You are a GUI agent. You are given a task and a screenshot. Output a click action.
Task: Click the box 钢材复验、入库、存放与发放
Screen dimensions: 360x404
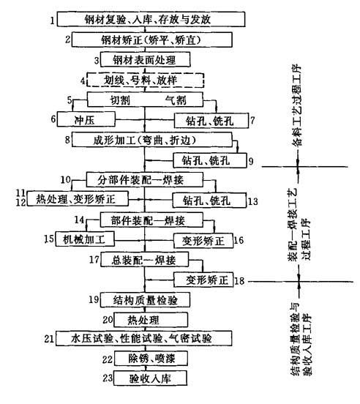151,19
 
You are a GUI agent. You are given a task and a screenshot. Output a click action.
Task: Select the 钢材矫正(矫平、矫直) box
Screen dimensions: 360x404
152,40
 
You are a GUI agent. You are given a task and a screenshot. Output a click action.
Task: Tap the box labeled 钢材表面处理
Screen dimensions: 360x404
145,60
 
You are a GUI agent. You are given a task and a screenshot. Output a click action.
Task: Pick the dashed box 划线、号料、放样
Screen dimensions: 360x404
146,80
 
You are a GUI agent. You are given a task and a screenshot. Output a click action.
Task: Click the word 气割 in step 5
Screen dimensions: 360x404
176,100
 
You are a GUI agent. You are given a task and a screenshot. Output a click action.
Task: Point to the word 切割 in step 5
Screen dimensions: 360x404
120,100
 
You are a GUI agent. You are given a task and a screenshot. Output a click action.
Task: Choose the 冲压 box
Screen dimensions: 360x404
86,119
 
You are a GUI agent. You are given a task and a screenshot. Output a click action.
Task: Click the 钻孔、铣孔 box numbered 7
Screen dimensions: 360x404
211,121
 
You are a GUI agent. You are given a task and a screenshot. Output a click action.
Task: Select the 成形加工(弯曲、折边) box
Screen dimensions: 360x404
152,140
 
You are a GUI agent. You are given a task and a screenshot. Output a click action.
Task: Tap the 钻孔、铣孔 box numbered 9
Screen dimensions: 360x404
210,160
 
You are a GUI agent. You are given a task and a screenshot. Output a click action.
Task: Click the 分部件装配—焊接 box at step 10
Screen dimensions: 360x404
144,179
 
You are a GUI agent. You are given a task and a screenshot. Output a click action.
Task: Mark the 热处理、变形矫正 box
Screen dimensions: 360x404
78,198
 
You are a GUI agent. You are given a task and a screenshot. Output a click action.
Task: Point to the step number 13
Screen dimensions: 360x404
252,201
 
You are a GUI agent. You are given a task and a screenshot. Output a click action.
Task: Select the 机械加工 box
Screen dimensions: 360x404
85,239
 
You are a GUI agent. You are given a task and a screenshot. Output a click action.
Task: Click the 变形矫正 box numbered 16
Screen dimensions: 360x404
203,241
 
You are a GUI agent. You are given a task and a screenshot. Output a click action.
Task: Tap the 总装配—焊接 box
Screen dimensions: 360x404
144,260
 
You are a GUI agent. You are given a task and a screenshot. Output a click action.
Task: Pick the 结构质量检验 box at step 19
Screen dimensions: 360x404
145,299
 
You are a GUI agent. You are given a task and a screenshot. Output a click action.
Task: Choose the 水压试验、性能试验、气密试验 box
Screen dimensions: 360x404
144,338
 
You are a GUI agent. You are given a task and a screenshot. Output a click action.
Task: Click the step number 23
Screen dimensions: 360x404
108,378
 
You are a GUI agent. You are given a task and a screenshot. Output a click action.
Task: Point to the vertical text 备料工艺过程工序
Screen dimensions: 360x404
297,105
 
